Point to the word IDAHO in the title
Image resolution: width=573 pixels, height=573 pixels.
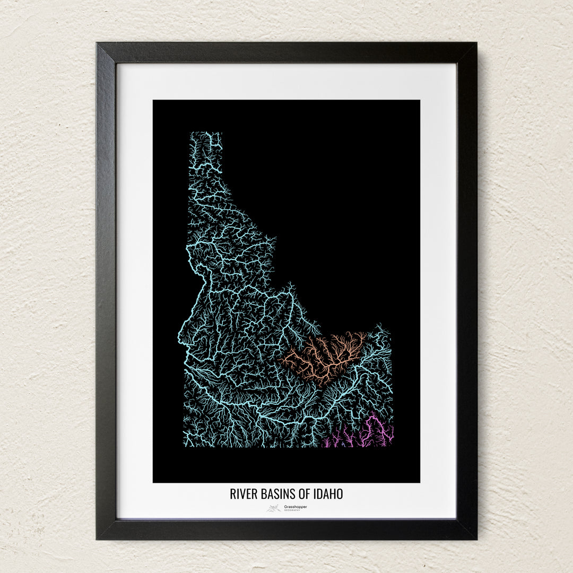(327, 494)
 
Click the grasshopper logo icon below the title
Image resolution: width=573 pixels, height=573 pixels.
(274, 508)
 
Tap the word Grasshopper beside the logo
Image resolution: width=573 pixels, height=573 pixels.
(295, 507)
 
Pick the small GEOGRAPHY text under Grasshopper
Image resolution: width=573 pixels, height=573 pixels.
(292, 510)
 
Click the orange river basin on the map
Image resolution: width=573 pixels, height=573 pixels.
(324, 358)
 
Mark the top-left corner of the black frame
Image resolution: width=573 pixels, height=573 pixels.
(98, 44)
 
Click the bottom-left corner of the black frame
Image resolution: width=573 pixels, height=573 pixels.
(98, 538)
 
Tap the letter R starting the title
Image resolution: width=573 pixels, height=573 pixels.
(232, 494)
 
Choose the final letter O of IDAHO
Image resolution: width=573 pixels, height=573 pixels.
(340, 494)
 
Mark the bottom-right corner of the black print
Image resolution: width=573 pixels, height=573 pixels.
(419, 482)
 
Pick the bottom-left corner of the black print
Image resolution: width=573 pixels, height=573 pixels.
(154, 482)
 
